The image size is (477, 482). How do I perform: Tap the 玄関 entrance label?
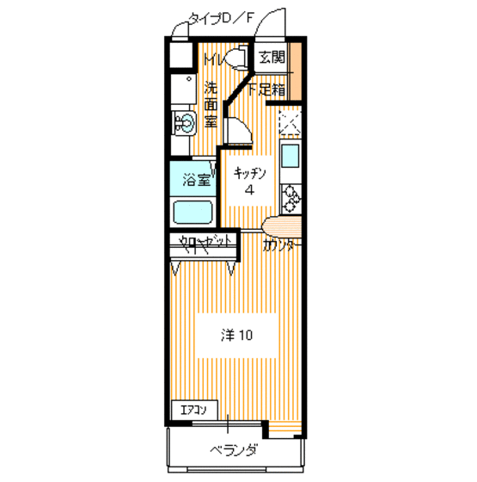[x=272, y=59]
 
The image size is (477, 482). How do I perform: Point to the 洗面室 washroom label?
[x=211, y=104]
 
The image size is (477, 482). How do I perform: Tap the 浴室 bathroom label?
[x=196, y=180]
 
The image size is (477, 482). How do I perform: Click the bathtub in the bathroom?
[x=193, y=211]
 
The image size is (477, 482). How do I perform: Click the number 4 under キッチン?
[x=249, y=190]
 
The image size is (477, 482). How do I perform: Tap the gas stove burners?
[x=290, y=198]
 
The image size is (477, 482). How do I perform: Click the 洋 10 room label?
[x=235, y=335]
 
